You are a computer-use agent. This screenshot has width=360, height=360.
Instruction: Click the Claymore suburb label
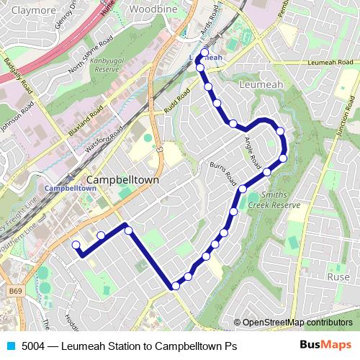(x=28, y=11)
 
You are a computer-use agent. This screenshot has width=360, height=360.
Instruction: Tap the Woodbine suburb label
(x=152, y=11)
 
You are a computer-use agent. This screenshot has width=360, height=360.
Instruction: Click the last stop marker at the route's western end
(x=76, y=246)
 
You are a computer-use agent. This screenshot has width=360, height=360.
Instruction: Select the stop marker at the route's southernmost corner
(x=176, y=287)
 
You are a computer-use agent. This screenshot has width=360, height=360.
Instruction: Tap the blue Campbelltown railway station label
(x=70, y=187)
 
